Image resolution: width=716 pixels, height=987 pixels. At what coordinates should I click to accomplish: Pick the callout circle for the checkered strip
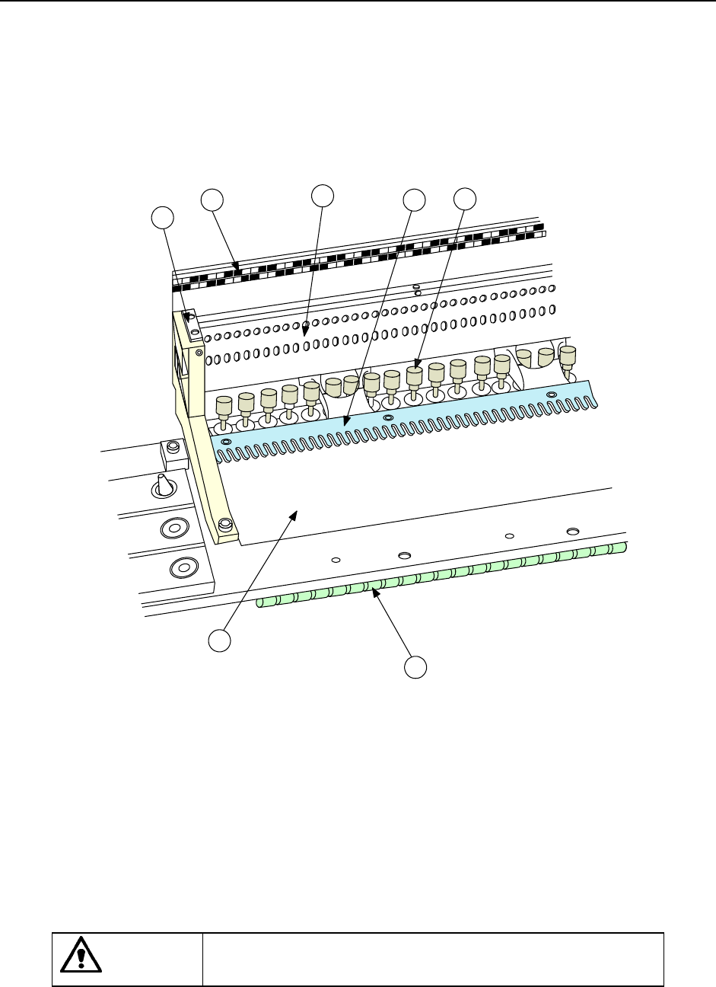[212, 200]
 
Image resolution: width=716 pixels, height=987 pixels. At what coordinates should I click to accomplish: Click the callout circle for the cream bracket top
[162, 216]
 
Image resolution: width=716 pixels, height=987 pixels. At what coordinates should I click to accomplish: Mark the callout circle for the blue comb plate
[415, 200]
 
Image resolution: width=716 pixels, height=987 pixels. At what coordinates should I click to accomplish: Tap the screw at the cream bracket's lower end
[224, 525]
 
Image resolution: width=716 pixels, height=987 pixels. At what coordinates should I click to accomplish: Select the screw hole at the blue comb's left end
[225, 441]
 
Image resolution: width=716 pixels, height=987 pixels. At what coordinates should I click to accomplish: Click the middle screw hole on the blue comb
[387, 417]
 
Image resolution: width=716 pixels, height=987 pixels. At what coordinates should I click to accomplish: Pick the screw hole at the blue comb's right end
[552, 394]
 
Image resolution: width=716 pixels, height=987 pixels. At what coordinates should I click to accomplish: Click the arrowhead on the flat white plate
[293, 516]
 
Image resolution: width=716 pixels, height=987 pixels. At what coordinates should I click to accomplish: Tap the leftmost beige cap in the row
[224, 404]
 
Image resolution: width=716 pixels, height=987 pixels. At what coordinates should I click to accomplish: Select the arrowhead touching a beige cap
[417, 367]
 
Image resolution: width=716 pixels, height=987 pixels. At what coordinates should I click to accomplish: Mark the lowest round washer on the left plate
[180, 567]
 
